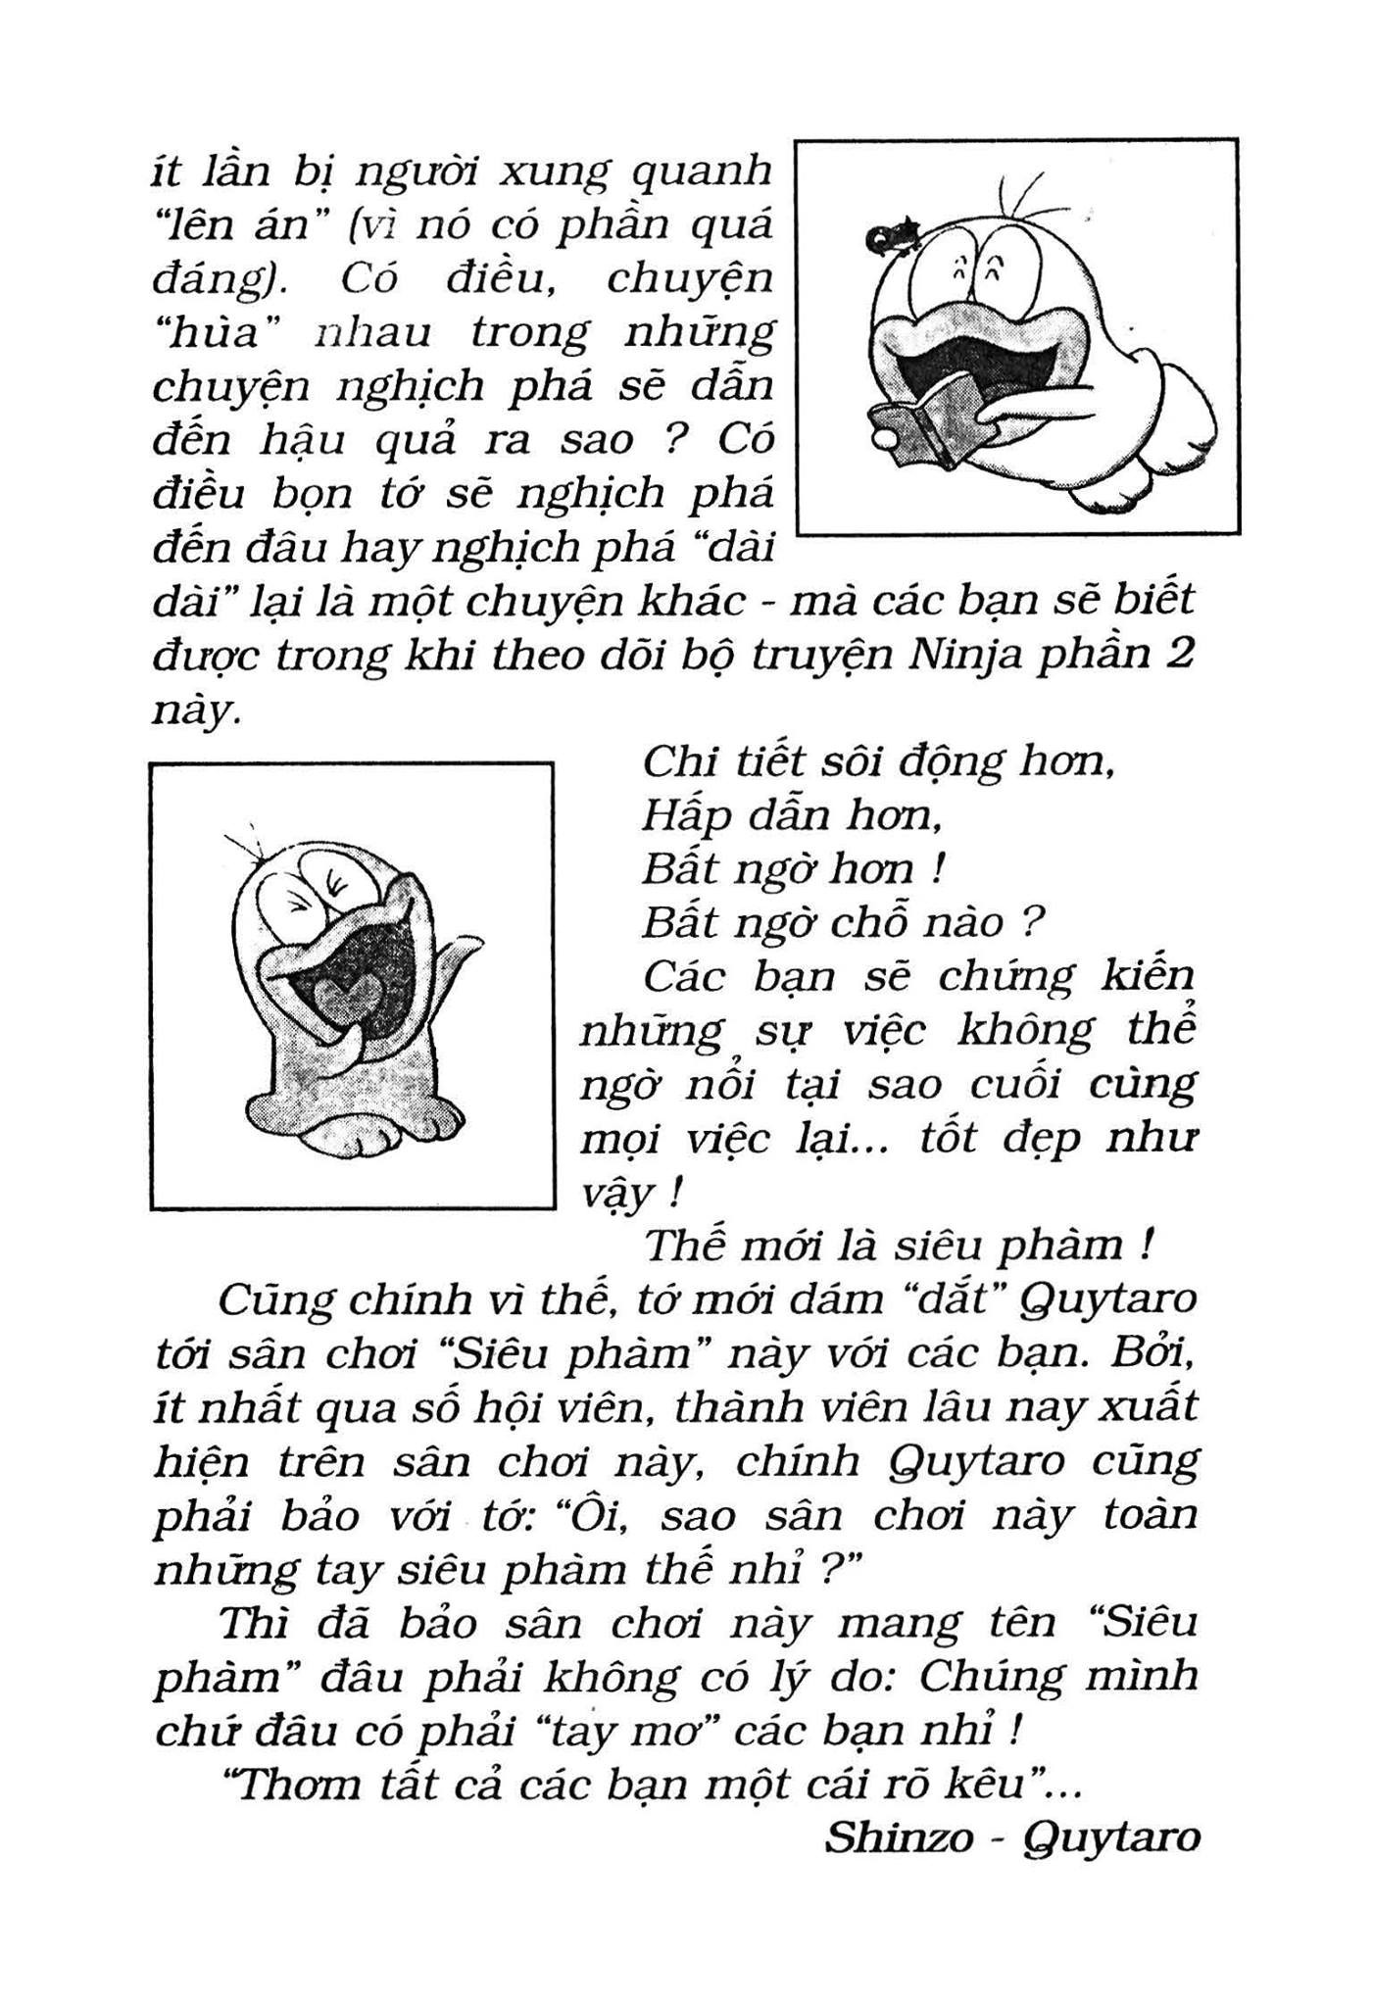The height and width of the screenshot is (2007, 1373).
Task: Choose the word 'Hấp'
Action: pos(684,814)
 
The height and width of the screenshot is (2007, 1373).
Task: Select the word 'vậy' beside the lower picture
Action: pos(615,1195)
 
